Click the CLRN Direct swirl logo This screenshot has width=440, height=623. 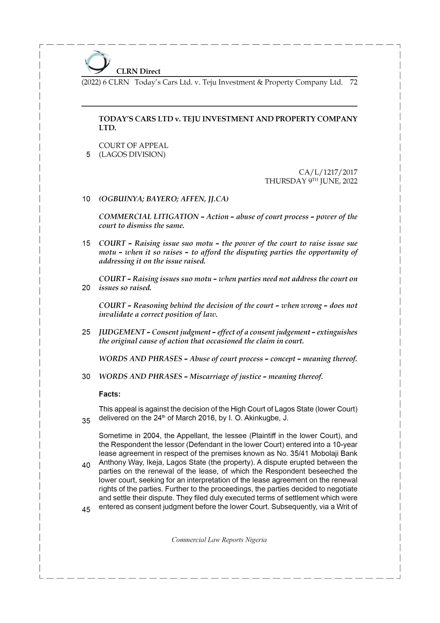[97, 62]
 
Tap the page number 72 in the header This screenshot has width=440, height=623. [353, 82]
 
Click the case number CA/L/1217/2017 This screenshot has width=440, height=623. [328, 172]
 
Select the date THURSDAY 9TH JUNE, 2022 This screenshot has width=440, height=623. [311, 181]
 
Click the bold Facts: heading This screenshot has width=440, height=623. [110, 394]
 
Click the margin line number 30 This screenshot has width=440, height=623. [86, 377]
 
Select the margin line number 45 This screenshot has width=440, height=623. [86, 510]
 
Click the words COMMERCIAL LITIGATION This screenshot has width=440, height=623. [149, 217]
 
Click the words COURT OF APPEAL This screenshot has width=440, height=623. [133, 146]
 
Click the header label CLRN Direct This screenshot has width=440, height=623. [138, 71]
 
